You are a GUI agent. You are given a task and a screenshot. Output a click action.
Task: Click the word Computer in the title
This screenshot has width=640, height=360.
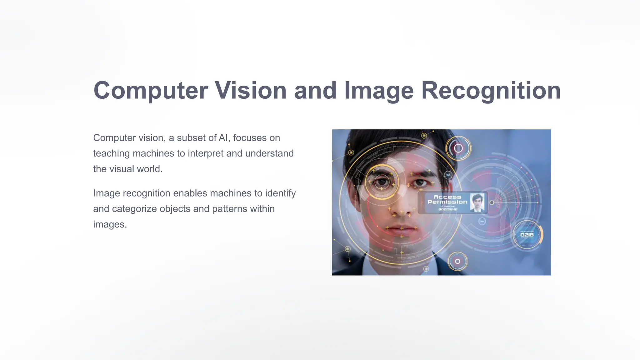[x=151, y=91]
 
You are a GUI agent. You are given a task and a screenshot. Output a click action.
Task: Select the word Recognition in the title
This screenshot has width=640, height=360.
[x=491, y=91]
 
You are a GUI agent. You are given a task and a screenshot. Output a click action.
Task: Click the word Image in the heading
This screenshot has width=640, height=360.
[x=379, y=91]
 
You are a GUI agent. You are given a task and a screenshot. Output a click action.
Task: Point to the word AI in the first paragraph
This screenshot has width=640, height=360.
[x=223, y=138]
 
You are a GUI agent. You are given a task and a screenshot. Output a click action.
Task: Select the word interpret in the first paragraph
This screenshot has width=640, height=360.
[x=206, y=153]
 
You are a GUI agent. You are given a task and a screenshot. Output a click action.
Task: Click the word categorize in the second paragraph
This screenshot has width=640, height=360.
[x=134, y=209]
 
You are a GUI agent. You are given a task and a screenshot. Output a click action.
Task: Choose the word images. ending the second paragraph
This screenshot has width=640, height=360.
[x=110, y=224]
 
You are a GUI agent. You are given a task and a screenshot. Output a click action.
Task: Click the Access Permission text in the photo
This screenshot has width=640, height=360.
[x=447, y=199]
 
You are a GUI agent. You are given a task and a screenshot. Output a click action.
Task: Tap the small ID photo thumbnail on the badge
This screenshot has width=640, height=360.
[x=477, y=202]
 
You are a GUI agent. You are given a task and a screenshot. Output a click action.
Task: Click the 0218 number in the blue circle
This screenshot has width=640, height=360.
[x=527, y=235]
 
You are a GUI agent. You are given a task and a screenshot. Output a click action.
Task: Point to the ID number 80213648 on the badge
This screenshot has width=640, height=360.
[x=448, y=209]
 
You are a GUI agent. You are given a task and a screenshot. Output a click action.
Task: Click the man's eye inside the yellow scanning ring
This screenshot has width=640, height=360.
[x=381, y=182]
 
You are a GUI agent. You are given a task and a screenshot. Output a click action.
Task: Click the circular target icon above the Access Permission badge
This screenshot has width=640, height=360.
[x=458, y=148]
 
